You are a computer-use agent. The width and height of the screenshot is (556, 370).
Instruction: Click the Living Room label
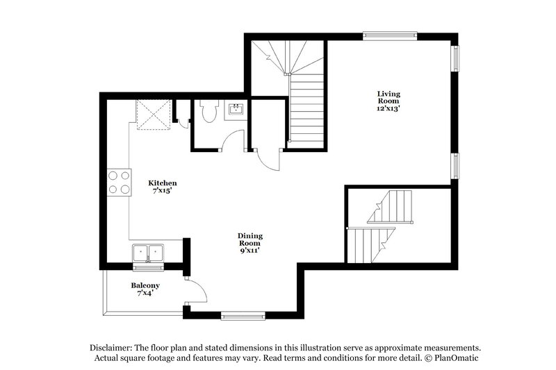(389, 97)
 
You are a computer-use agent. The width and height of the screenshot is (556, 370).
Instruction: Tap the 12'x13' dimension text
(389, 108)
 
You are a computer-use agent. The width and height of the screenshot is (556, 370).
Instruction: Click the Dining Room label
(250, 239)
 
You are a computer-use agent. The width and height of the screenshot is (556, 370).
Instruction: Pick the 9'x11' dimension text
(250, 251)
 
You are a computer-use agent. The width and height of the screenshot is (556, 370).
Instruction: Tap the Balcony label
(145, 285)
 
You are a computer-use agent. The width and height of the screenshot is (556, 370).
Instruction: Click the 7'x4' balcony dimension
(145, 294)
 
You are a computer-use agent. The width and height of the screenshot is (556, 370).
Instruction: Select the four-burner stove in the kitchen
(118, 182)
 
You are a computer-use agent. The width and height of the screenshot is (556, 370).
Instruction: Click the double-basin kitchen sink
(148, 253)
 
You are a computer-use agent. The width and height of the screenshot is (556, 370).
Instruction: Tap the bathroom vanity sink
(236, 110)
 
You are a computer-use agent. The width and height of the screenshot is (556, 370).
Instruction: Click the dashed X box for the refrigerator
(153, 114)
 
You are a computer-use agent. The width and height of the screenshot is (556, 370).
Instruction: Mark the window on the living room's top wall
(390, 33)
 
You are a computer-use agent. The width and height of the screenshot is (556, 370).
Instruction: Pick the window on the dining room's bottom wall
(243, 317)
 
